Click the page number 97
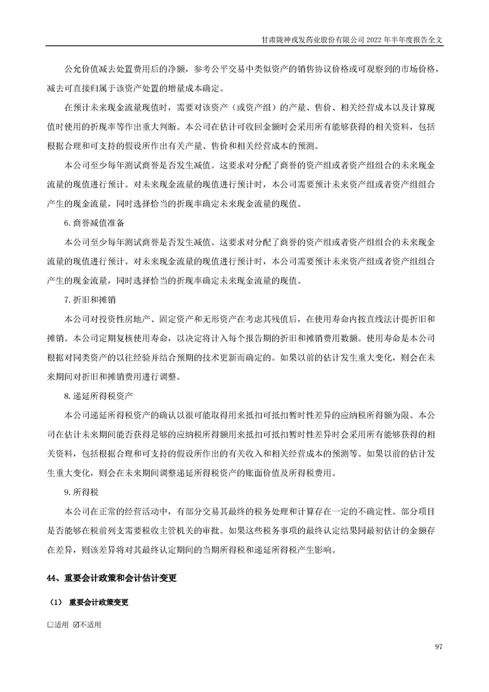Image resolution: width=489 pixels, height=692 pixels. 439,646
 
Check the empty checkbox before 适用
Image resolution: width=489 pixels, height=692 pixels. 50,625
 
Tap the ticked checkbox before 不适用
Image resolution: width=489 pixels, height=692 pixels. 76,625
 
